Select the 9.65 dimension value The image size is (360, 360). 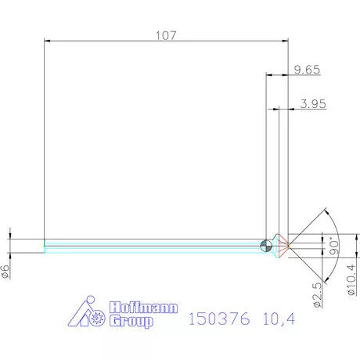point(308,70)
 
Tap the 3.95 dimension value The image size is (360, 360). point(312,103)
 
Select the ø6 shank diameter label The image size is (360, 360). point(5,271)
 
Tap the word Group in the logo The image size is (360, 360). point(132,322)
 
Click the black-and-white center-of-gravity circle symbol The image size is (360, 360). point(267,246)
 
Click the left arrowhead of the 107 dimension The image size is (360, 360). point(47,41)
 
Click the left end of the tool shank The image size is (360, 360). point(45,246)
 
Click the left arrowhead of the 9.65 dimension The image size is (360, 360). point(270,76)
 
